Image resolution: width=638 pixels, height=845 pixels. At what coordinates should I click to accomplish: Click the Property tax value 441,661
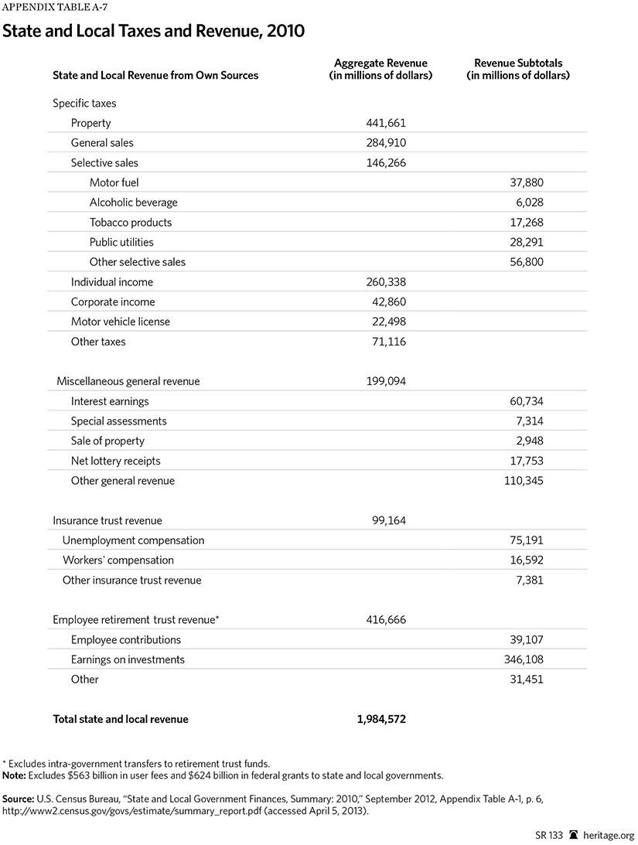point(386,123)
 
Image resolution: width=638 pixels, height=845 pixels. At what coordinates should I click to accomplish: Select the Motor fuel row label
point(114,182)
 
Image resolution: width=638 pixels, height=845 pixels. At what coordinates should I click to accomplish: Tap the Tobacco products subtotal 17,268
point(526,223)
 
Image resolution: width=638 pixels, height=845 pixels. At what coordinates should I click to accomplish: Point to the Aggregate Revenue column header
point(380,70)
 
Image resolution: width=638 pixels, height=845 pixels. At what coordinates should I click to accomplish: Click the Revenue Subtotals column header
point(518,70)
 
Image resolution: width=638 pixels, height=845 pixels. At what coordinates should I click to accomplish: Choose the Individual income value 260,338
point(386,282)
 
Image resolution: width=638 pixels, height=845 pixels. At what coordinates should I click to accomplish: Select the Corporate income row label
point(113,302)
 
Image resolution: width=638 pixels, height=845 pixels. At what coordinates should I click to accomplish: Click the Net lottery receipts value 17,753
point(526,461)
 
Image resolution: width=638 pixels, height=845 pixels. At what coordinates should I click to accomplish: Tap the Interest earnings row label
point(110,401)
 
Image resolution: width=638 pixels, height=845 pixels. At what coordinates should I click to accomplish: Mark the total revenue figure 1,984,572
point(381,719)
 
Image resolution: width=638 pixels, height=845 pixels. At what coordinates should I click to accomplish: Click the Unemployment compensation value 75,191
point(526,540)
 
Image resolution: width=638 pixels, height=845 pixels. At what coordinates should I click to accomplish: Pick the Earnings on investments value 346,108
point(523,659)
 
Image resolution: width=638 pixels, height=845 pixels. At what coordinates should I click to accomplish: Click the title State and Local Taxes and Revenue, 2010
point(155,32)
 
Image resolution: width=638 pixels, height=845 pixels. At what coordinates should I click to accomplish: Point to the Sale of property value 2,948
point(529,441)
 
